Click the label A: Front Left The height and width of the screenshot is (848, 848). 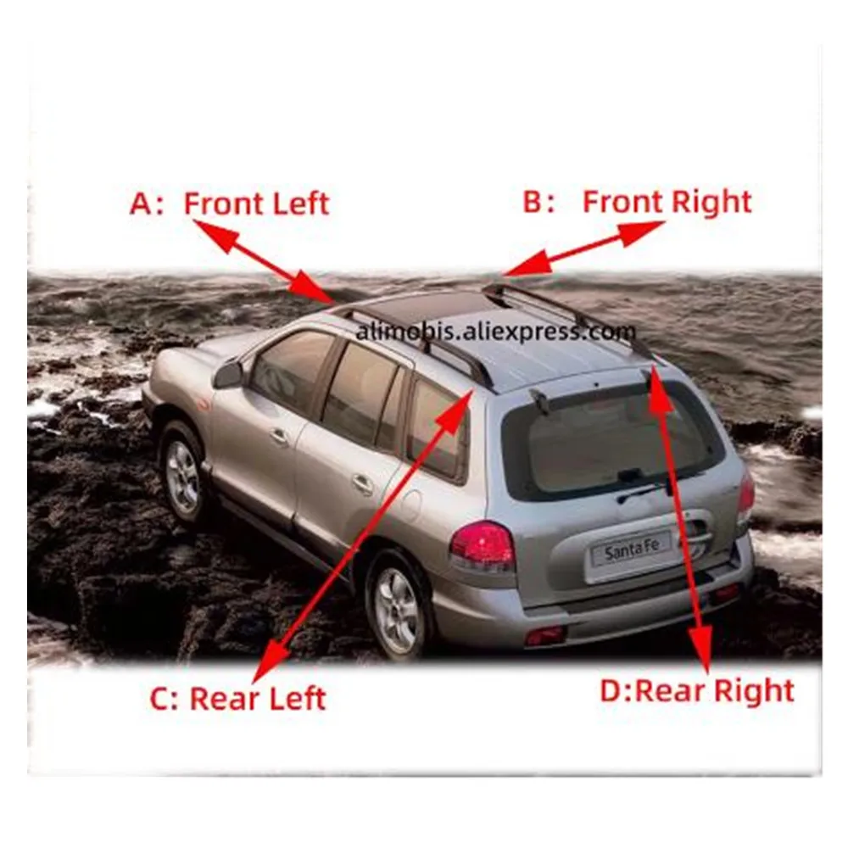tap(229, 204)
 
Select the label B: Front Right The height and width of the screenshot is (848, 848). tap(637, 203)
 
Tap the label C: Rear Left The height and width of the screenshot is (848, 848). tap(237, 698)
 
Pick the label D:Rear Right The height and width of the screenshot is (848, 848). tap(697, 690)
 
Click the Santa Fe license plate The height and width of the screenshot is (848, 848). tap(631, 550)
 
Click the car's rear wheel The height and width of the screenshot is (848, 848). tap(399, 604)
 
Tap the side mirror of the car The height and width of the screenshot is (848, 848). tap(229, 374)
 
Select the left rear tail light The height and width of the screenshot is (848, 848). tap(483, 544)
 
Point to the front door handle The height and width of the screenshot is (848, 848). tap(279, 435)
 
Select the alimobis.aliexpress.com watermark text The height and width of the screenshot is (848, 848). tap(495, 331)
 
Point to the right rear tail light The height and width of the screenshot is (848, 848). tap(746, 495)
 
